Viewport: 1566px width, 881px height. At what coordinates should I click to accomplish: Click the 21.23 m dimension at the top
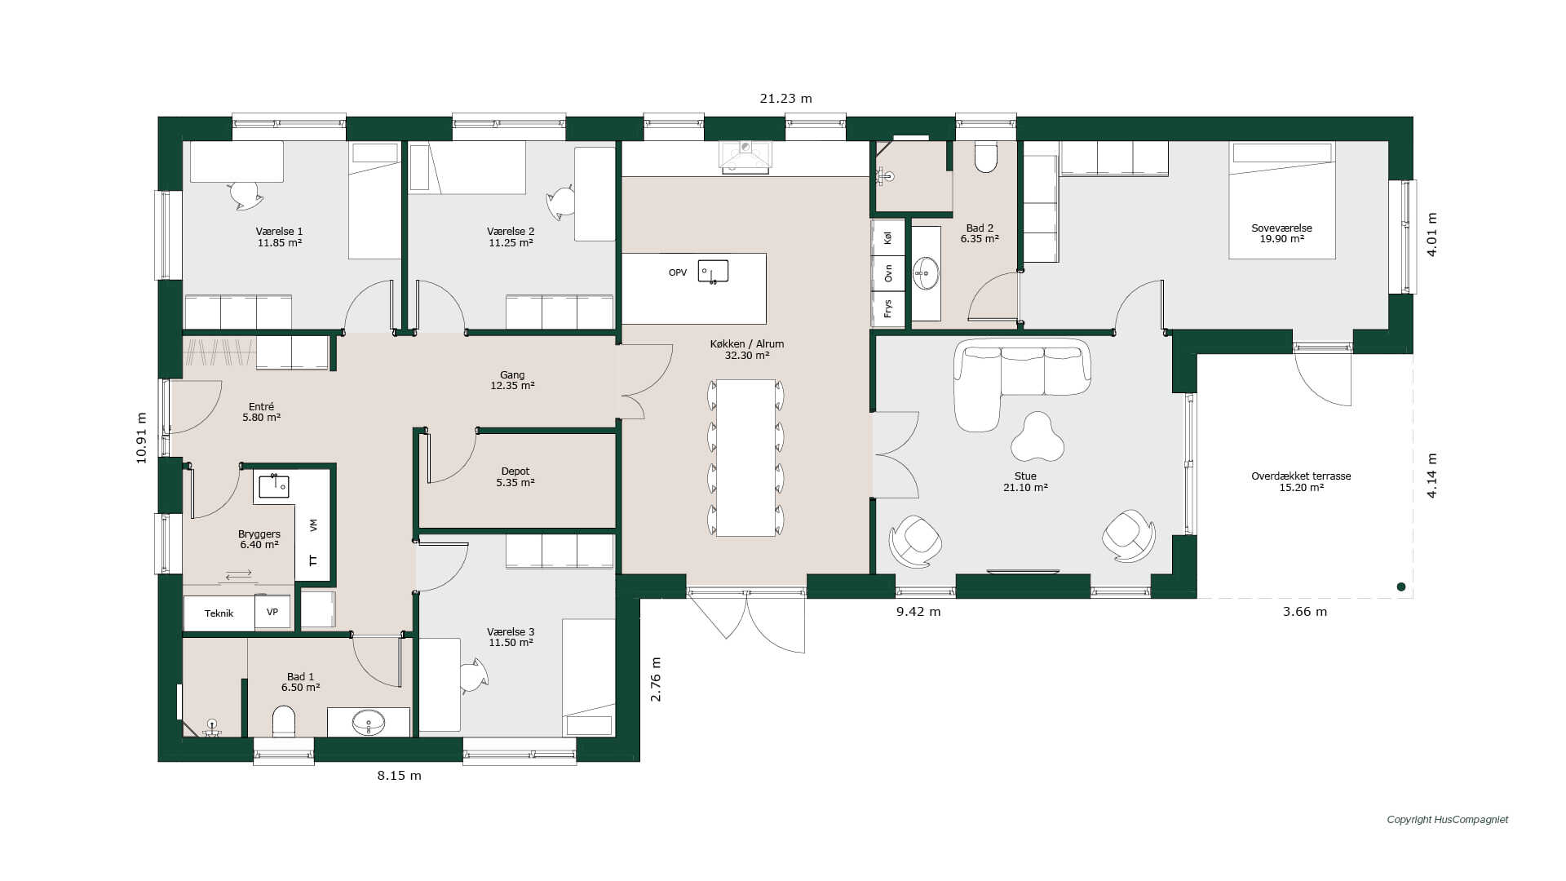coord(785,99)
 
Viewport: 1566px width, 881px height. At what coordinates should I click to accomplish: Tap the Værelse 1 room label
coord(279,232)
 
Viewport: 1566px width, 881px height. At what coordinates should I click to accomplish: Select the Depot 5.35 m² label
coord(515,477)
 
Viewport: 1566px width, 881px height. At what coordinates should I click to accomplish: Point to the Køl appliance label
coord(888,238)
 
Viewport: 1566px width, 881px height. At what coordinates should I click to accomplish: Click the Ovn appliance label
coord(888,273)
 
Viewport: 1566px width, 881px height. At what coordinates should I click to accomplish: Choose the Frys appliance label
coord(888,308)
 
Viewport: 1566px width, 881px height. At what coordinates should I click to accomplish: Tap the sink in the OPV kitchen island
coord(713,272)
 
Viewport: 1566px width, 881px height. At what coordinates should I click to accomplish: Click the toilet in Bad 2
coord(986,157)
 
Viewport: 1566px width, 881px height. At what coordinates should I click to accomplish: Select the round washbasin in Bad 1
coord(369,722)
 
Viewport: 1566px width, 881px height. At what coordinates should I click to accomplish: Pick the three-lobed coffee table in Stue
coord(1037,438)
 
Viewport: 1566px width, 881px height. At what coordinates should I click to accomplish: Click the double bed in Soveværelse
coord(1282,200)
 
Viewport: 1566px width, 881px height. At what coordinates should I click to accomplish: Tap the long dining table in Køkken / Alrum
coord(745,458)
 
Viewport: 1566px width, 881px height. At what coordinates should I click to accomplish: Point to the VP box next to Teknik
coord(272,612)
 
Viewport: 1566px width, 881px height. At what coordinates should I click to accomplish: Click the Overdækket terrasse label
coord(1301,482)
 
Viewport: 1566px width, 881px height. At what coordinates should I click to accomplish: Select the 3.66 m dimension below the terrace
coord(1305,612)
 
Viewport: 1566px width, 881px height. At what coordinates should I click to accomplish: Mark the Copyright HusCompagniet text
coord(1448,820)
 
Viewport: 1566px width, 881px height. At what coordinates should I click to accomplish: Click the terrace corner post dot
coord(1401,587)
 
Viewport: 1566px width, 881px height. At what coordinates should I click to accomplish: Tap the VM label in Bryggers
coord(314,525)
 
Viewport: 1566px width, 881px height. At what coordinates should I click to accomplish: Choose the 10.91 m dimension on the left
coord(142,438)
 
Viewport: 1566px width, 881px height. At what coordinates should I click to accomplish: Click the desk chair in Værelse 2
coord(561,202)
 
